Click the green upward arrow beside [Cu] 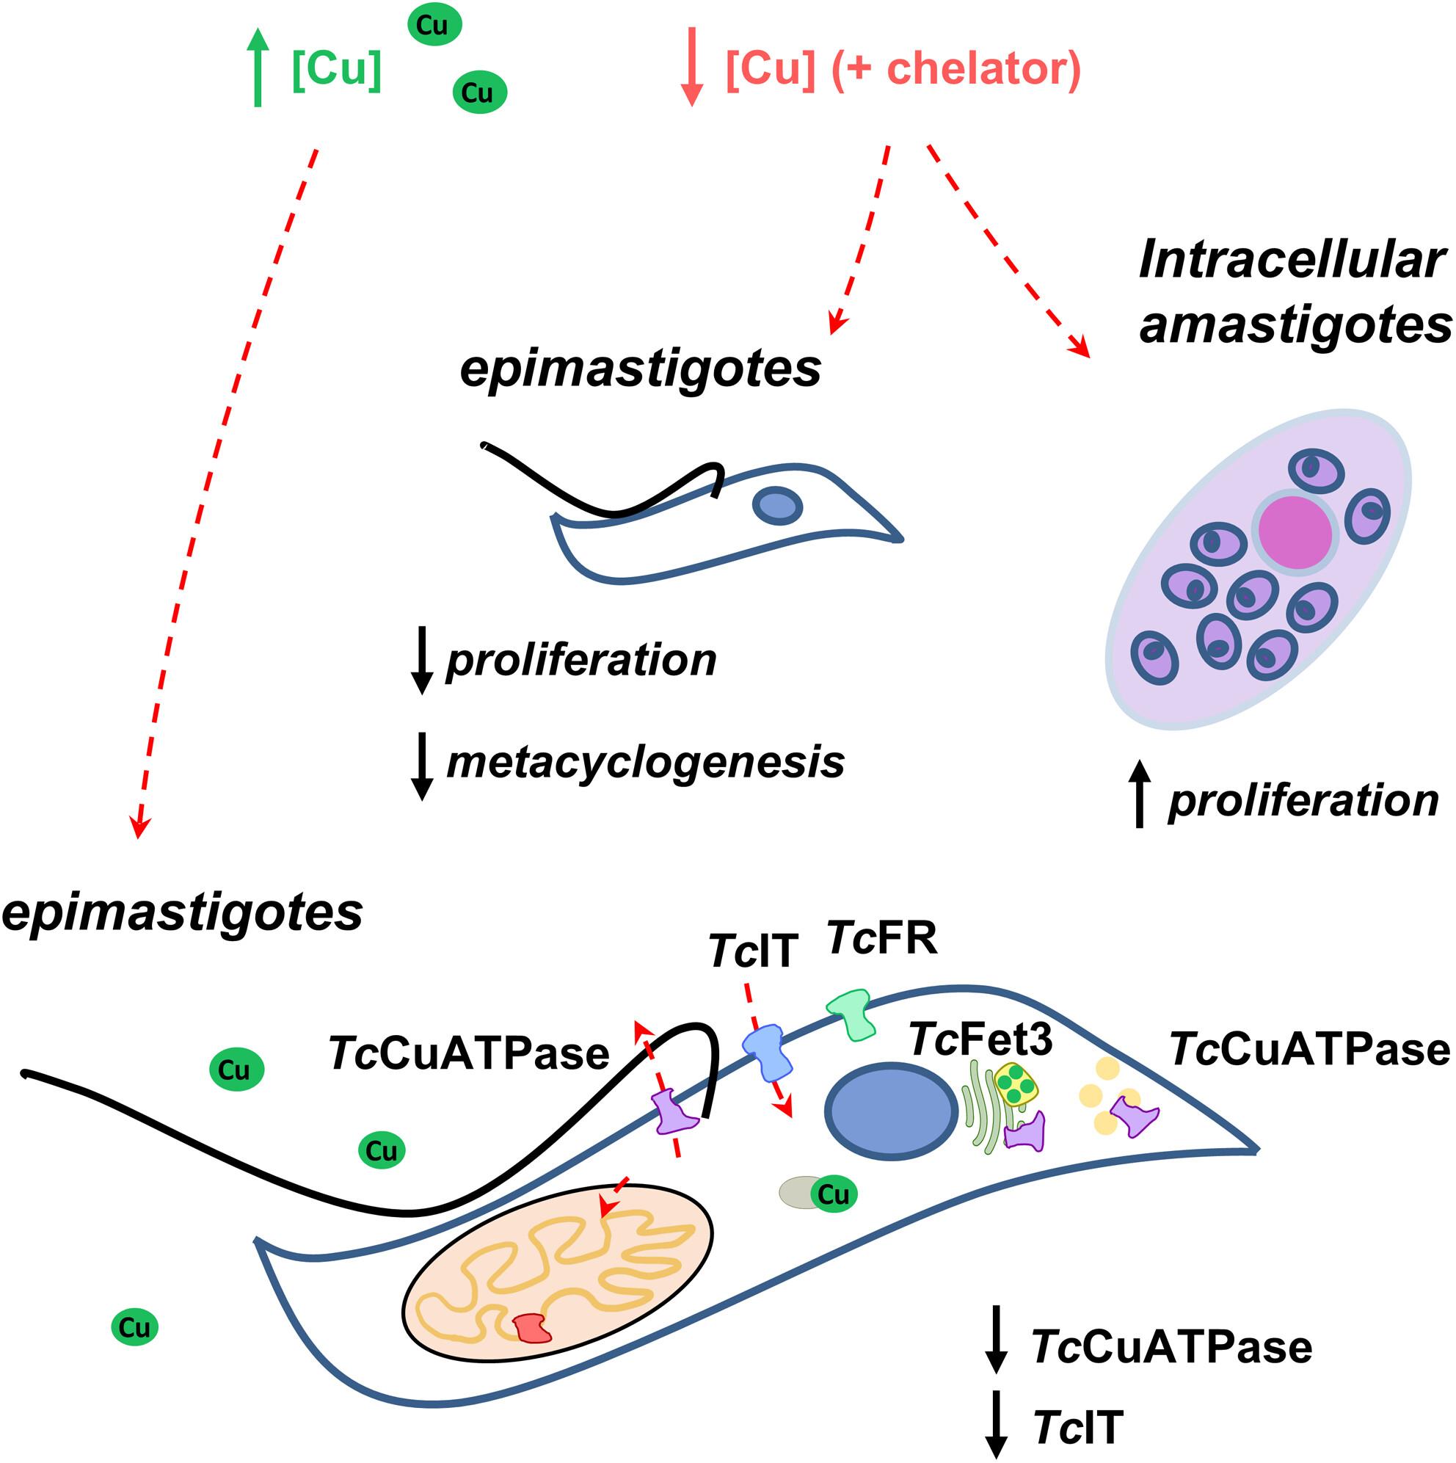258,68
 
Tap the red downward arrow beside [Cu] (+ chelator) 692,68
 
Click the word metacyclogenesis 645,762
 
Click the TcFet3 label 981,1038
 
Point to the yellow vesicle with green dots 1016,1084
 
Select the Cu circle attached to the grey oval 834,1194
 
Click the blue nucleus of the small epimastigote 776,505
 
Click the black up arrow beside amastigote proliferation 1139,794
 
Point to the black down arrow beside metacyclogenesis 421,766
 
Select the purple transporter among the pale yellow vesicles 1133,1119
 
